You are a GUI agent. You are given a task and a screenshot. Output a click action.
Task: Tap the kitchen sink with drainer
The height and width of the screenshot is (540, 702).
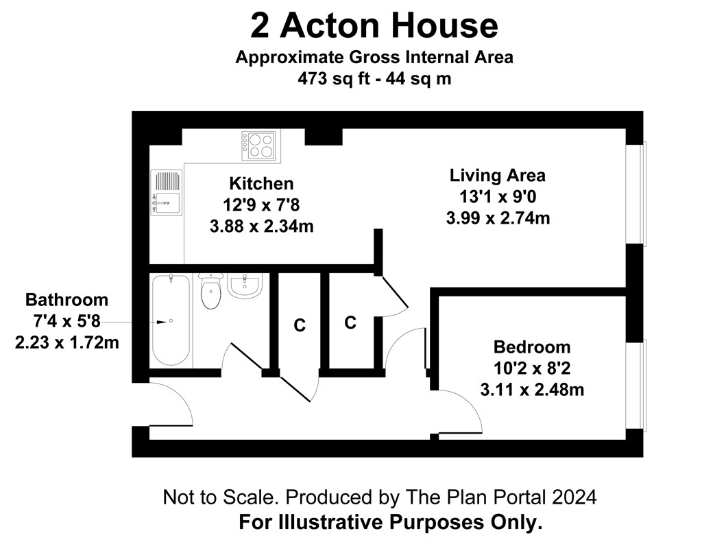(167, 192)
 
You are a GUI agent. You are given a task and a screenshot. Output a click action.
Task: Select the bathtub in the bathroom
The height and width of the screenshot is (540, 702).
(171, 320)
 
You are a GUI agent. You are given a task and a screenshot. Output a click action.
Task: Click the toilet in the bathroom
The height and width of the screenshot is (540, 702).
(211, 292)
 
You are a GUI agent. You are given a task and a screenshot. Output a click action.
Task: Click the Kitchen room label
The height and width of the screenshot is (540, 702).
(261, 184)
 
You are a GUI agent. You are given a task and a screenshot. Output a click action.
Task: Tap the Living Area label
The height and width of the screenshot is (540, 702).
(498, 175)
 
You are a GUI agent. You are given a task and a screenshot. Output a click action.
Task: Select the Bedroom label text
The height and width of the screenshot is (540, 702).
(532, 347)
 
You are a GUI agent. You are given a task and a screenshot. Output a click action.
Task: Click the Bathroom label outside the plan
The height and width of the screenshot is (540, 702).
(66, 300)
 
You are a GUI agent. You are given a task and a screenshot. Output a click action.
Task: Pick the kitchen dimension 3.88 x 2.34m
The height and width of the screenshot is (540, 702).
(261, 226)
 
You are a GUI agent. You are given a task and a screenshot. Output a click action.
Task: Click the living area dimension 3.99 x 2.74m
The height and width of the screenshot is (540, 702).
(498, 218)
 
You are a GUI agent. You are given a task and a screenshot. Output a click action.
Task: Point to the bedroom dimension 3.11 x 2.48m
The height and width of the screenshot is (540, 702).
(532, 390)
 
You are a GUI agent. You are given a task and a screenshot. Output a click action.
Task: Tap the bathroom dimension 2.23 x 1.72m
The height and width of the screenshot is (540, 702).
(66, 343)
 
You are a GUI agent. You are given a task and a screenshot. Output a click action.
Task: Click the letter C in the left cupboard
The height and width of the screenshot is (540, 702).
(300, 325)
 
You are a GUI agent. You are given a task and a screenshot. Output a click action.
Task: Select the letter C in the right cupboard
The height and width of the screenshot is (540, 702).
(350, 322)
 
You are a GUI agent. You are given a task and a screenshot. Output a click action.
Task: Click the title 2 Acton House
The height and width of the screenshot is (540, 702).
(374, 25)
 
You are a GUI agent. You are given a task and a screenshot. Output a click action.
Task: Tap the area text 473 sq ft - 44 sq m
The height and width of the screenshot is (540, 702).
(374, 79)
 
